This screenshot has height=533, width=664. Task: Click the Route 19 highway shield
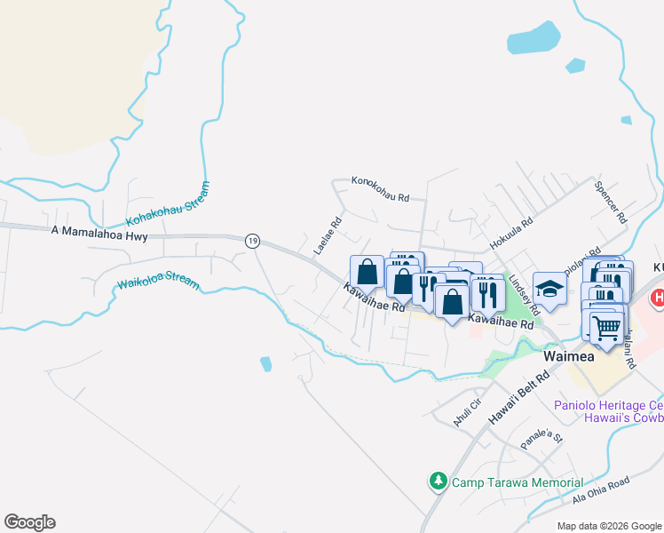[x=253, y=241]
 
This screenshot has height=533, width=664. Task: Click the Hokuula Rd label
[x=511, y=234]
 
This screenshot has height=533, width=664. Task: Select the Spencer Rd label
[x=612, y=203]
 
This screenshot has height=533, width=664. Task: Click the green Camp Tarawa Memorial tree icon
[x=438, y=481]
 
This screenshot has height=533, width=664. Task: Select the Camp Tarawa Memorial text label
[x=517, y=482]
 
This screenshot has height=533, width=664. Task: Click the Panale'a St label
[x=542, y=435]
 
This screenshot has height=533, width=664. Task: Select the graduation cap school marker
[x=549, y=289]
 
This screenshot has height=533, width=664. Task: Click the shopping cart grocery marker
[x=606, y=327]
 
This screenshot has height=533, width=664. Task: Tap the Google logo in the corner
[x=29, y=522]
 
